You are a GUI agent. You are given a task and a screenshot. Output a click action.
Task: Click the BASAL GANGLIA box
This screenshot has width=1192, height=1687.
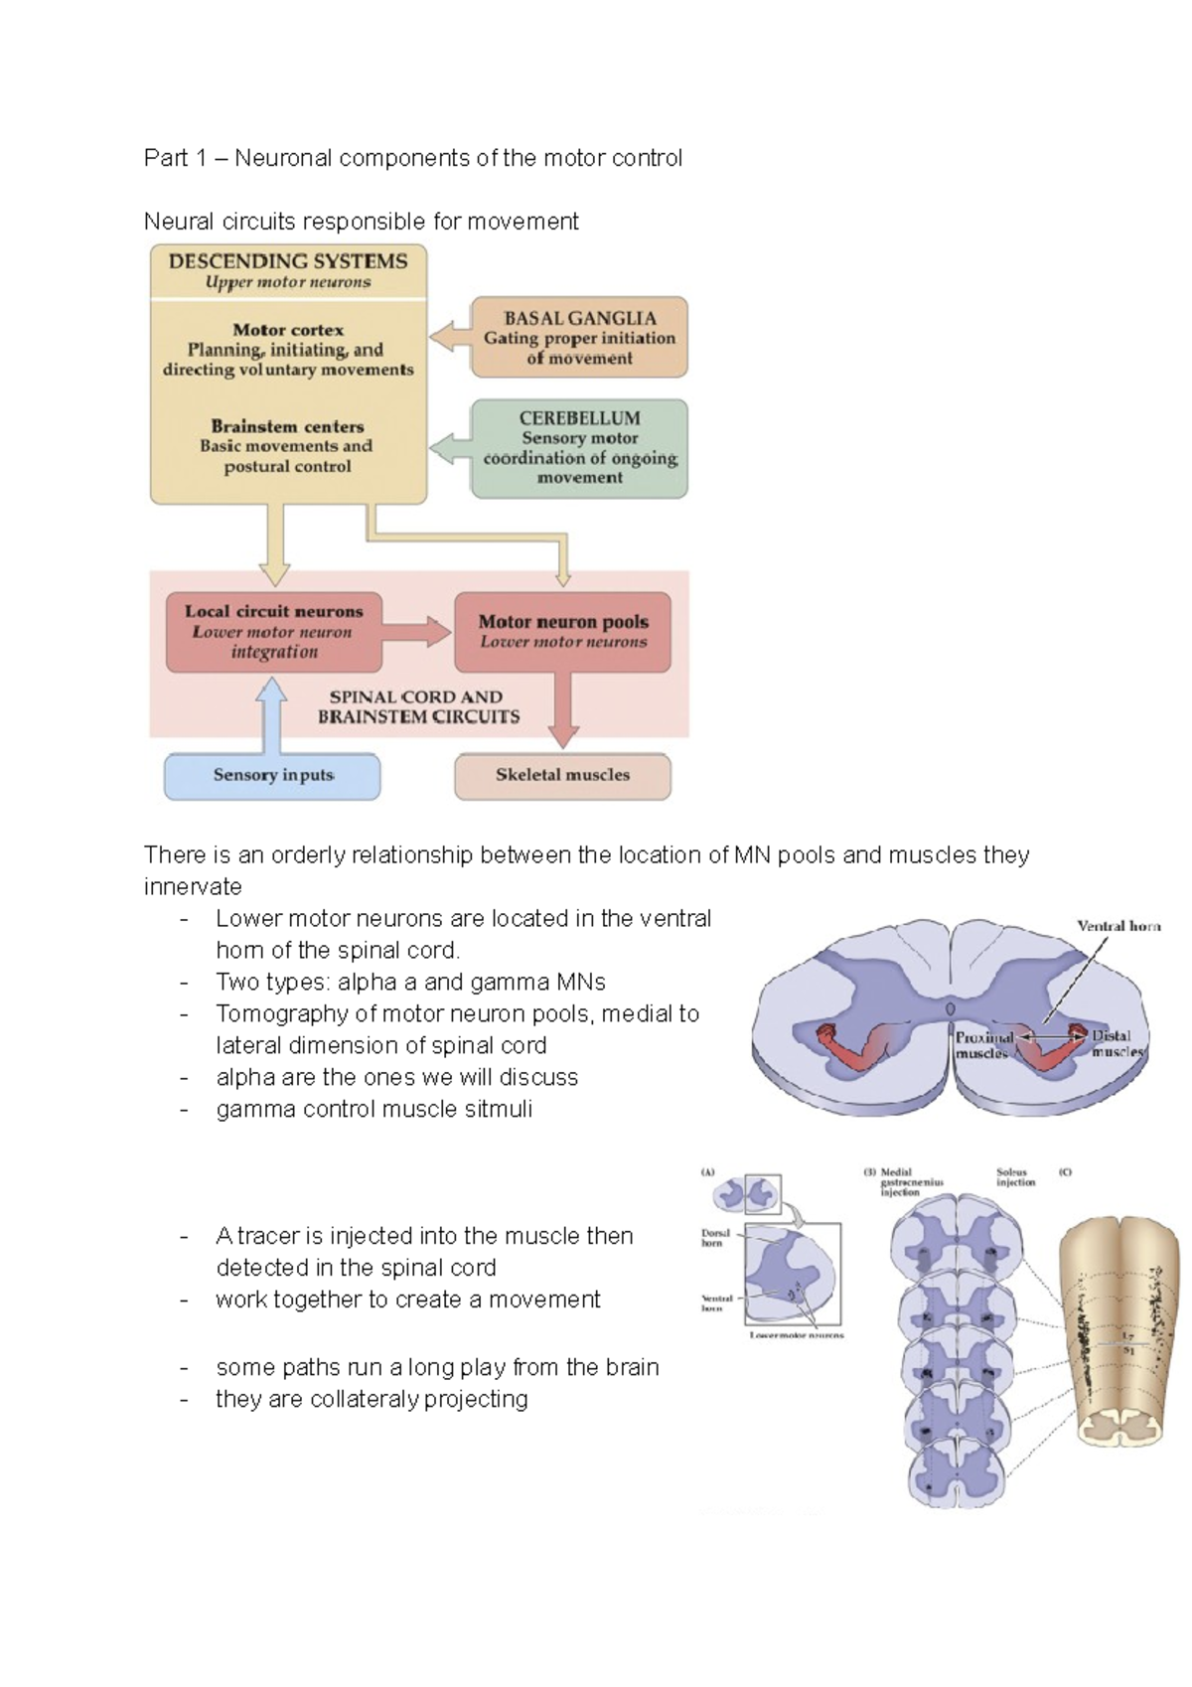pyautogui.click(x=579, y=337)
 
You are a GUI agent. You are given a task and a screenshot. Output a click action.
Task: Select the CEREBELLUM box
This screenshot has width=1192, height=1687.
pyautogui.click(x=579, y=448)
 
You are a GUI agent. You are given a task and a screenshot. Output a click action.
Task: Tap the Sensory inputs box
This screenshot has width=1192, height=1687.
pyautogui.click(x=272, y=776)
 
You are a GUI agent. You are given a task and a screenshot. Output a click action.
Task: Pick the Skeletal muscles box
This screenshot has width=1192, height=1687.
pyautogui.click(x=562, y=776)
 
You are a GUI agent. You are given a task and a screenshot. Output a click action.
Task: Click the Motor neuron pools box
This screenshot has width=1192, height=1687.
pyautogui.click(x=562, y=632)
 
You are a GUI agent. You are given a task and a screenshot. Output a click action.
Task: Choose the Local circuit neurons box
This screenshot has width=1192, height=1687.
pyautogui.click(x=273, y=632)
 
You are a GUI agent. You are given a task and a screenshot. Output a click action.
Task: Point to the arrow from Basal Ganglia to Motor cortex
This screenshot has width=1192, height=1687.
pyautogui.click(x=449, y=337)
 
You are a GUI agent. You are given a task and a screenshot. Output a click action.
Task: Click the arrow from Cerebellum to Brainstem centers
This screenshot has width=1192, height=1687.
pyautogui.click(x=449, y=447)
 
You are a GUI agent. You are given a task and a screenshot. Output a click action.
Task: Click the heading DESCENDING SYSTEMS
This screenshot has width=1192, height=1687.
pyautogui.click(x=288, y=261)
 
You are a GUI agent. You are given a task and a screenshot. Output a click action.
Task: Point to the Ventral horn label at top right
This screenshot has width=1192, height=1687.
pyautogui.click(x=1118, y=926)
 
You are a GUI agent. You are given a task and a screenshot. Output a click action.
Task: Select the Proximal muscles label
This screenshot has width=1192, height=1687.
pyautogui.click(x=983, y=1045)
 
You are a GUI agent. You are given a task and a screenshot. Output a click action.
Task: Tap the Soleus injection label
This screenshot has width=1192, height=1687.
pyautogui.click(x=1015, y=1177)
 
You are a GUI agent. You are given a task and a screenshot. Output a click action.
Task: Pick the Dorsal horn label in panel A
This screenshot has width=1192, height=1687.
pyautogui.click(x=715, y=1238)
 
